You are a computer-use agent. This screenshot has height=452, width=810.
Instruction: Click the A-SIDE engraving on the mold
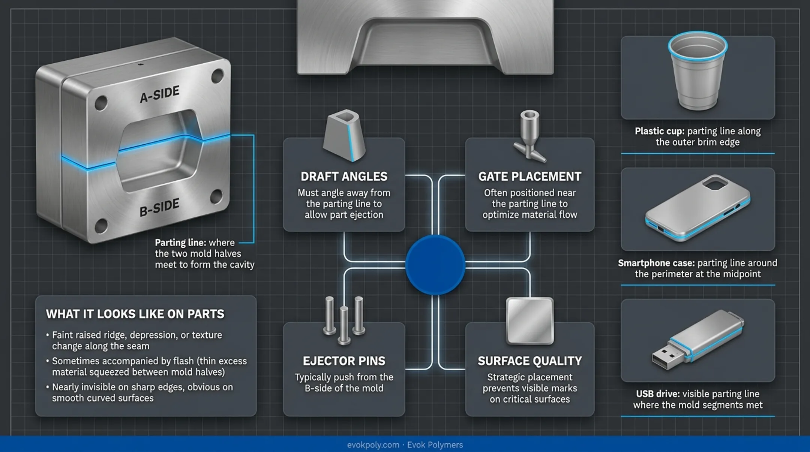[160, 94]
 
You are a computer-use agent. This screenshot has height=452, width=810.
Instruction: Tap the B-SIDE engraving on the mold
[160, 208]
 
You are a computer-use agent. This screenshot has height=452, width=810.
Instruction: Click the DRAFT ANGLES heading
[344, 177]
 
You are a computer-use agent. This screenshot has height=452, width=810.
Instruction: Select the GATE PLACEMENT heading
[529, 177]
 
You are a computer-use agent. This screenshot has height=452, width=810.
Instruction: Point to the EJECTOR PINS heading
[344, 361]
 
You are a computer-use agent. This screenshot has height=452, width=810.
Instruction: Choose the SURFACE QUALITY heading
[529, 361]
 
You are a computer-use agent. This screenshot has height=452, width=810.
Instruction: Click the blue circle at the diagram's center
[435, 265]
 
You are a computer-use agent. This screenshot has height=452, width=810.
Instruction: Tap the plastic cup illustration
[697, 70]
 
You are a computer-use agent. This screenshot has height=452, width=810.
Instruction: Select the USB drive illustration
[697, 339]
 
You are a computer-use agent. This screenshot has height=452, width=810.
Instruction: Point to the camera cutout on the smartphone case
[715, 183]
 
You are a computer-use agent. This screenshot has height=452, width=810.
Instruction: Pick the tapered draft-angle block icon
[344, 135]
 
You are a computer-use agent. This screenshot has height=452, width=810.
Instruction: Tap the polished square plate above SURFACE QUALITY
[529, 321]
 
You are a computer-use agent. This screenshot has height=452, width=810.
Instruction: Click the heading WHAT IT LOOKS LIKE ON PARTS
[135, 314]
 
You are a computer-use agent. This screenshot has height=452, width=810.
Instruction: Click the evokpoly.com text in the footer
[373, 445]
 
